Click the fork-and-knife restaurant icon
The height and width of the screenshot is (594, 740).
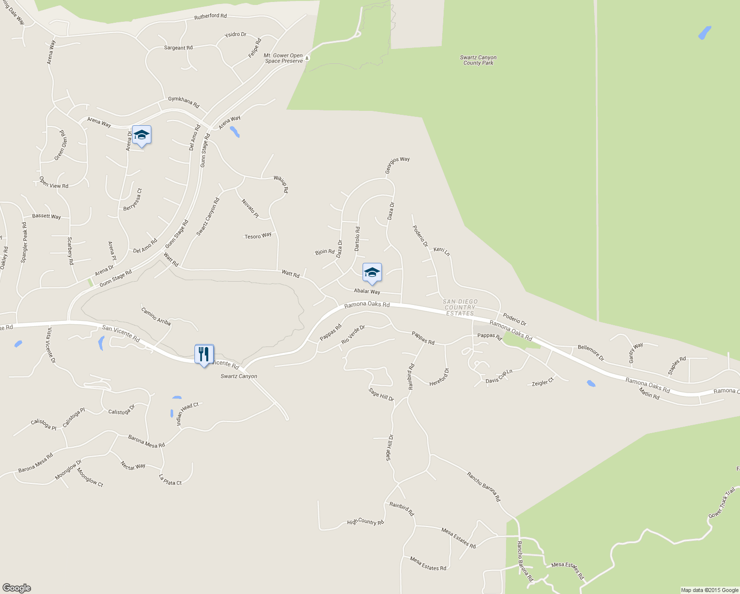pyautogui.click(x=204, y=354)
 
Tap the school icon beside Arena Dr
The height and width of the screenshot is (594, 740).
pyautogui.click(x=141, y=135)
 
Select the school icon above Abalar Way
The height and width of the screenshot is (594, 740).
pyautogui.click(x=372, y=273)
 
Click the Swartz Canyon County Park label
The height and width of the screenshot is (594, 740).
pyautogui.click(x=478, y=60)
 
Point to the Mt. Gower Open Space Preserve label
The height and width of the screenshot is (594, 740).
pyautogui.click(x=283, y=58)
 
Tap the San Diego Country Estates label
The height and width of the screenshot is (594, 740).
pyautogui.click(x=460, y=307)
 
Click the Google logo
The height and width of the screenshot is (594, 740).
pyautogui.click(x=16, y=588)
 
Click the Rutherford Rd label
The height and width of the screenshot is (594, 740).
pyautogui.click(x=210, y=16)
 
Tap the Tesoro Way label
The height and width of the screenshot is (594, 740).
pyautogui.click(x=258, y=236)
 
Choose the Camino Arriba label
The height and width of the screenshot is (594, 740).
pyautogui.click(x=156, y=316)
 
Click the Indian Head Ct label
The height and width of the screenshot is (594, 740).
pyautogui.click(x=187, y=414)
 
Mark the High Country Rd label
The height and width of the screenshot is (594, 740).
pyautogui.click(x=365, y=522)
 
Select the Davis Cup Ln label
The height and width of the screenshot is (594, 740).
pyautogui.click(x=499, y=376)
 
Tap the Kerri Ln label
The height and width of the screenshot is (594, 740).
pyautogui.click(x=441, y=251)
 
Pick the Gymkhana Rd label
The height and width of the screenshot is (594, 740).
pyautogui.click(x=184, y=102)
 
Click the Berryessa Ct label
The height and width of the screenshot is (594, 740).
pyautogui.click(x=133, y=199)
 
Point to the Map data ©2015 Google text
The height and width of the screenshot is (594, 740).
pyautogui.click(x=709, y=590)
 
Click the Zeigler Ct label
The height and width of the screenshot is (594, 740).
pyautogui.click(x=543, y=383)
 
